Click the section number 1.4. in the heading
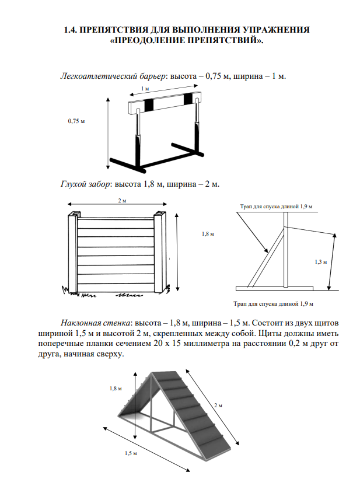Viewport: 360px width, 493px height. coord(71,29)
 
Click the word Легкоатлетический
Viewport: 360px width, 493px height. coord(93,76)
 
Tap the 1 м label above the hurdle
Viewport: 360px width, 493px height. coord(145,89)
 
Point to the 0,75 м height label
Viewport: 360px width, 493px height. coord(76,121)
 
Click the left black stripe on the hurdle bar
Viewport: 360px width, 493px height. coord(149,104)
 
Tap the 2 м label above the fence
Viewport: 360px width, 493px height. coord(121,201)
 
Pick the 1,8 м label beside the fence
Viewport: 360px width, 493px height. coord(208,234)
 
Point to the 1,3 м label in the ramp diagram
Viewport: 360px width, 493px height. coord(320,262)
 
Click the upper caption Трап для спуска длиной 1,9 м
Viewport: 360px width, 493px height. coord(276,207)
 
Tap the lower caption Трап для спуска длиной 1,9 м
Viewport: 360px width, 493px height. coord(273,304)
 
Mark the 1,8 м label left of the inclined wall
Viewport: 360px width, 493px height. coord(116,389)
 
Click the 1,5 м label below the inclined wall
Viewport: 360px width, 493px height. coord(131,452)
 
